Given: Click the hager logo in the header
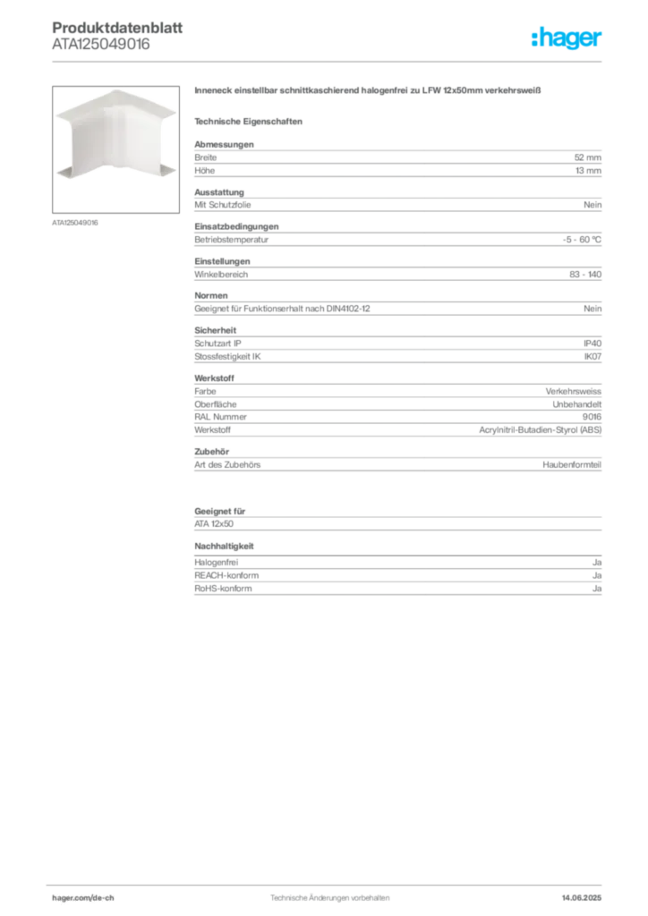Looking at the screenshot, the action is pyautogui.click(x=567, y=38).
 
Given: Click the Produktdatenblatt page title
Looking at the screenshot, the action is pyautogui.click(x=117, y=28).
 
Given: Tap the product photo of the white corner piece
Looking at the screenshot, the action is pyautogui.click(x=115, y=149).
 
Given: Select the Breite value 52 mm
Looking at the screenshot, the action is pyautogui.click(x=587, y=157).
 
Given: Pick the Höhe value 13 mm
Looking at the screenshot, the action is pyautogui.click(x=588, y=171).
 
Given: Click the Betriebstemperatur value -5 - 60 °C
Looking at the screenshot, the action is pyautogui.click(x=582, y=240).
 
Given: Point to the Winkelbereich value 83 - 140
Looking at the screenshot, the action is pyautogui.click(x=584, y=275).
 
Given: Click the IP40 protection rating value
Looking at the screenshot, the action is pyautogui.click(x=592, y=343).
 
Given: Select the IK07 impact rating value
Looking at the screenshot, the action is pyautogui.click(x=593, y=356).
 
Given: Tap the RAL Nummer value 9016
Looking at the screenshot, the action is pyautogui.click(x=592, y=417).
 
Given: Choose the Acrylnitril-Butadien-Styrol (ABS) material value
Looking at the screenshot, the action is pyautogui.click(x=540, y=430).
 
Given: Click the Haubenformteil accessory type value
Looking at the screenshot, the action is pyautogui.click(x=571, y=465).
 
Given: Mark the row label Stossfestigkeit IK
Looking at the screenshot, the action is pyautogui.click(x=227, y=356).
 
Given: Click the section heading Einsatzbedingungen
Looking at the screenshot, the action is pyautogui.click(x=236, y=226).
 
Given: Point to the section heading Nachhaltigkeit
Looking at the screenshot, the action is pyautogui.click(x=224, y=547).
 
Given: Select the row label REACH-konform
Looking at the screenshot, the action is pyautogui.click(x=226, y=575).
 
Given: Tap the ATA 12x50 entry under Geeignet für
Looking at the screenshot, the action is pyautogui.click(x=214, y=524).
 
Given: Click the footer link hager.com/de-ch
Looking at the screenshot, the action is pyautogui.click(x=83, y=898).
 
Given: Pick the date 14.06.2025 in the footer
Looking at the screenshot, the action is pyautogui.click(x=582, y=898).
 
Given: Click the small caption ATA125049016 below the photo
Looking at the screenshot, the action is pyautogui.click(x=75, y=223).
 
